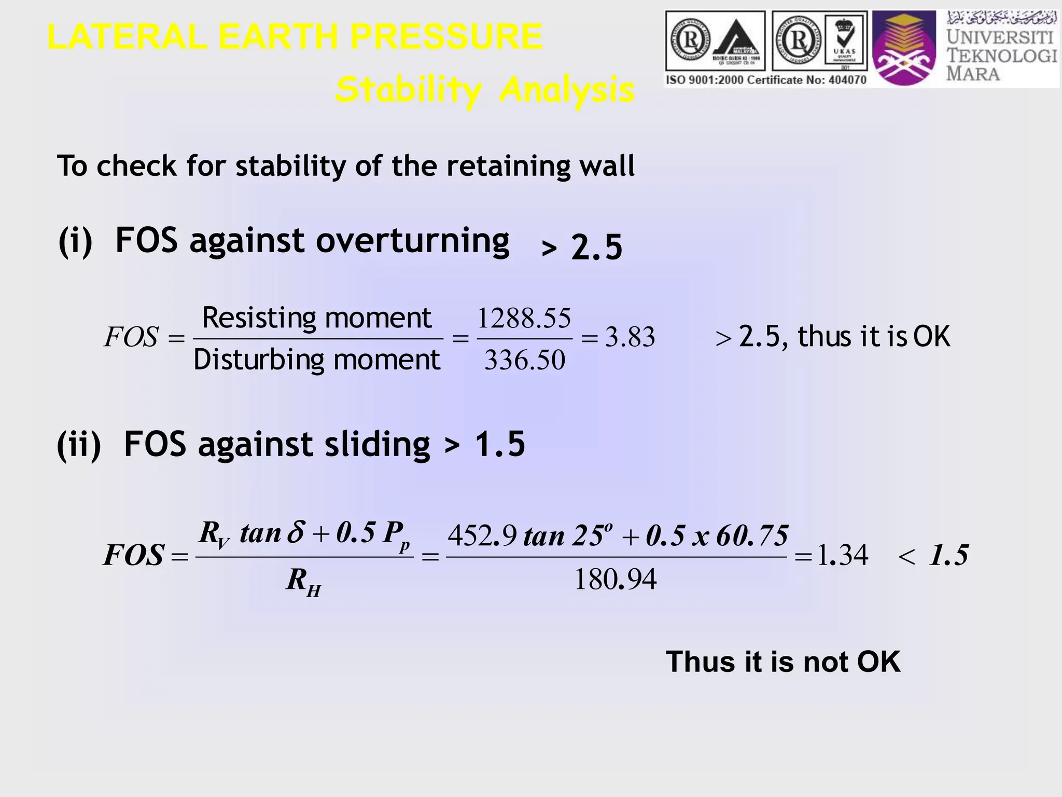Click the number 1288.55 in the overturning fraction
click(x=524, y=318)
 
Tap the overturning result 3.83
click(x=630, y=337)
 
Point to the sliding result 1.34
click(x=842, y=556)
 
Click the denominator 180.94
click(x=616, y=580)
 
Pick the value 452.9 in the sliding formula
click(x=482, y=536)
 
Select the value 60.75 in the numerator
click(x=752, y=536)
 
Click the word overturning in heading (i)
click(x=413, y=241)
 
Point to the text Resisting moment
click(x=317, y=318)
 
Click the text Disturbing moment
click(x=316, y=360)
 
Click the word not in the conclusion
click(x=827, y=662)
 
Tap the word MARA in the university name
click(x=973, y=73)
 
